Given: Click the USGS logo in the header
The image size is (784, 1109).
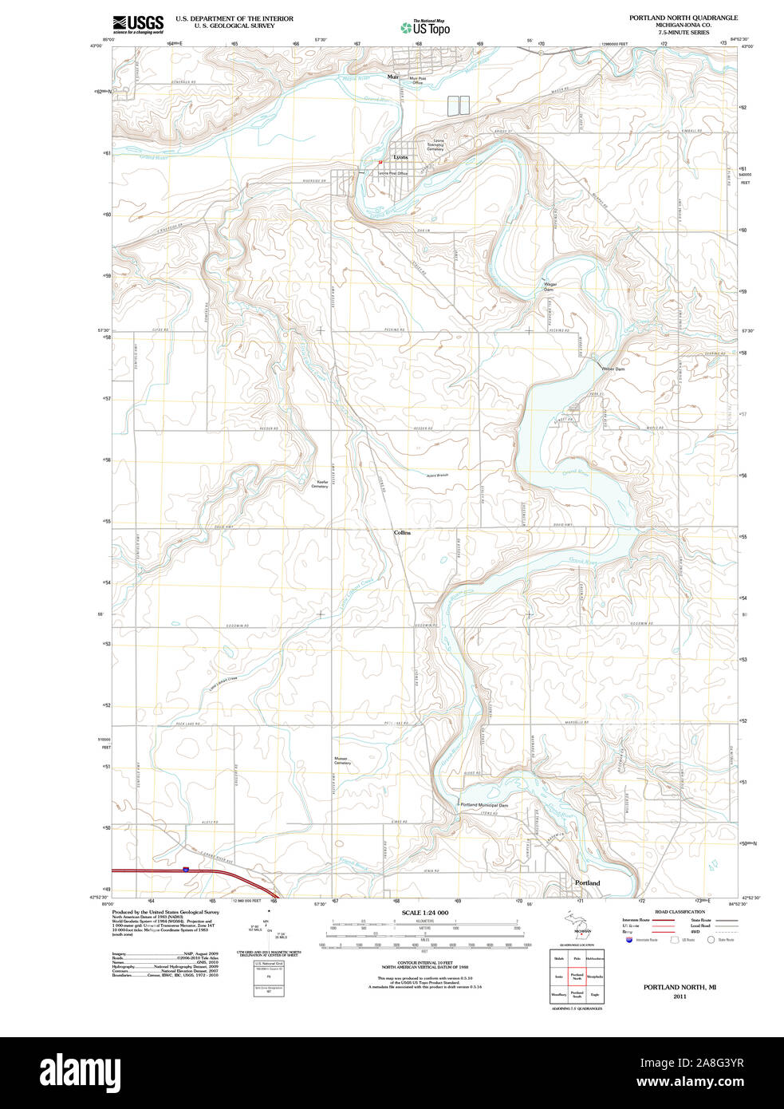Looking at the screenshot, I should (138, 24).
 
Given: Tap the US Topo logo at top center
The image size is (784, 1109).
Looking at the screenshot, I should (425, 28).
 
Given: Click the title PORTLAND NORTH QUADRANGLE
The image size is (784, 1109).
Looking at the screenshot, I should (683, 18).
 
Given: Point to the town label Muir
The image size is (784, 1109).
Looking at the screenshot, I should (392, 77).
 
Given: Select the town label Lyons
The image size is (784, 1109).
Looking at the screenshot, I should (400, 157).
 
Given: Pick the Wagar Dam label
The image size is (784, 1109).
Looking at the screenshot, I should (550, 286).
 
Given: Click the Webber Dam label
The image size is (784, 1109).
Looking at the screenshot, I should (613, 369).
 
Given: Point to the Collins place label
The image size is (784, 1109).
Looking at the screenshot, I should (402, 532).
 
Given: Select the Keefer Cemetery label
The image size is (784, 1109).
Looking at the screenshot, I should (319, 484).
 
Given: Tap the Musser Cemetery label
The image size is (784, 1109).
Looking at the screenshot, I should (342, 761).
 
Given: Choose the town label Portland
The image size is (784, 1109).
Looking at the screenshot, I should (587, 883).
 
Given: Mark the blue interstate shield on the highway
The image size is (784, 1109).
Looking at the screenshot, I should (186, 870).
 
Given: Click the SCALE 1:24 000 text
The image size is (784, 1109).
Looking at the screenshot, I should (424, 913).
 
